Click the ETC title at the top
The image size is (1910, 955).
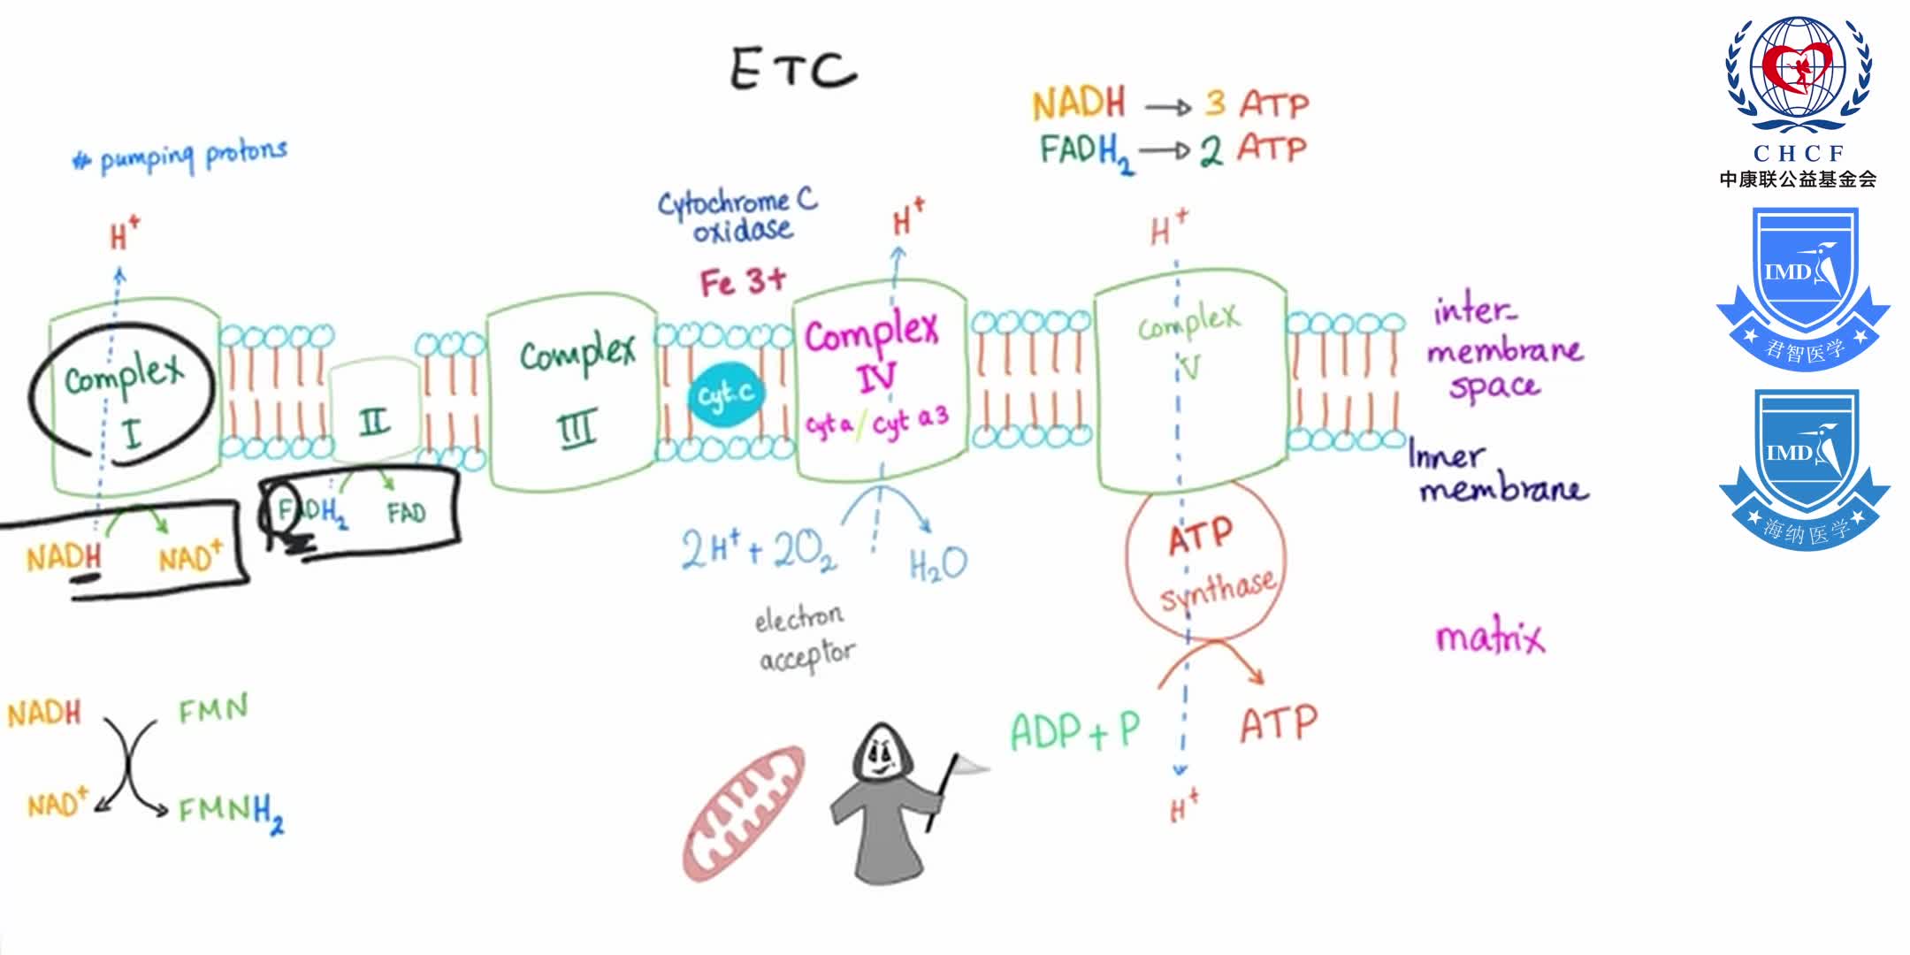pyautogui.click(x=793, y=68)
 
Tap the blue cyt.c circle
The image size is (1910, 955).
pyautogui.click(x=726, y=395)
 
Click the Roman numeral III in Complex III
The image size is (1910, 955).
pyautogui.click(x=577, y=430)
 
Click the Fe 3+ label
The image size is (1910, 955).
pyautogui.click(x=743, y=282)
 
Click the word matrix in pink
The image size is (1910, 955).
pyautogui.click(x=1490, y=637)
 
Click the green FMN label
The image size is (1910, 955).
pyautogui.click(x=213, y=709)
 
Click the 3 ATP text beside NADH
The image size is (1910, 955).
pyautogui.click(x=1256, y=104)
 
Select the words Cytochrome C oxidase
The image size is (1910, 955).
pyautogui.click(x=738, y=216)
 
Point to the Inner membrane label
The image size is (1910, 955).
pyautogui.click(x=1494, y=473)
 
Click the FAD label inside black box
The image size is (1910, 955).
pyautogui.click(x=406, y=513)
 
